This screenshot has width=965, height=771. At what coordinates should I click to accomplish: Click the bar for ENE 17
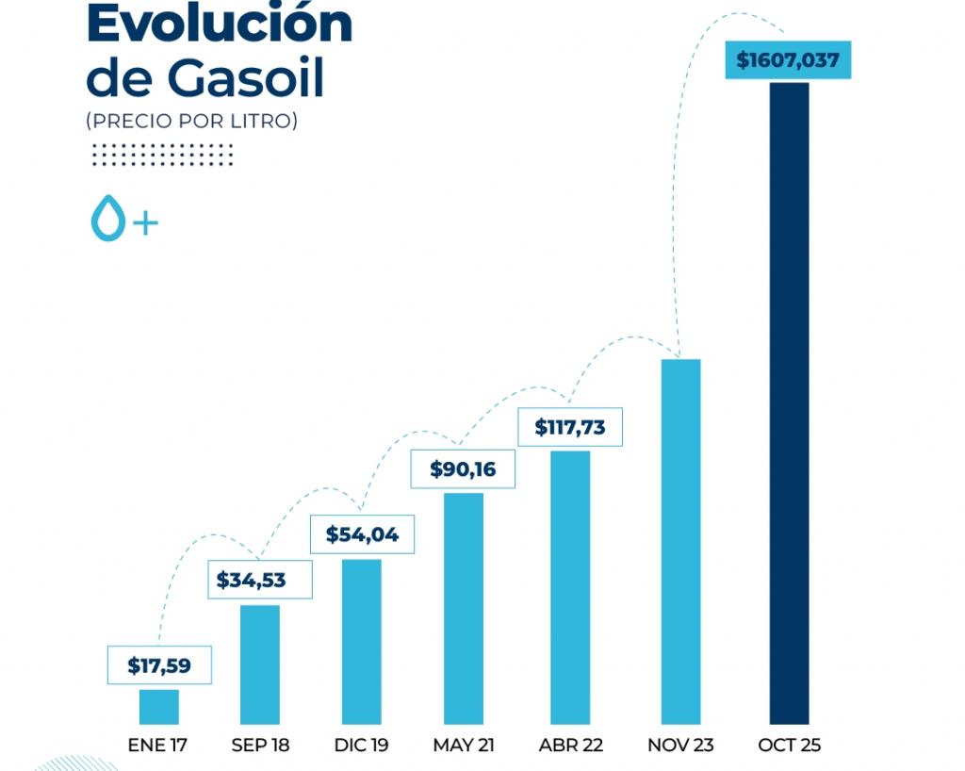click(159, 706)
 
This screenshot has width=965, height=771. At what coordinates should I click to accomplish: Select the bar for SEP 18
click(260, 664)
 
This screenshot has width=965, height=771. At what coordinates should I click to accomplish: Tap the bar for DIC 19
click(362, 641)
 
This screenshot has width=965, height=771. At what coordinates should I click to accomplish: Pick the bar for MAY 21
click(464, 608)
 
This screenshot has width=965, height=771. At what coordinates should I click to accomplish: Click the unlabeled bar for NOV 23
click(680, 541)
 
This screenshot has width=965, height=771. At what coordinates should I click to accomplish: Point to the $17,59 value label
click(159, 665)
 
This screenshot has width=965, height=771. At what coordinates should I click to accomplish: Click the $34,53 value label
click(259, 580)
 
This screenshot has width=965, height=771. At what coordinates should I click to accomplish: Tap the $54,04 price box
click(362, 535)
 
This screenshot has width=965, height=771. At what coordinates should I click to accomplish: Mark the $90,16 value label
click(463, 469)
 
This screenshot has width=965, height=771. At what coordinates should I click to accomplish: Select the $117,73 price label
click(570, 427)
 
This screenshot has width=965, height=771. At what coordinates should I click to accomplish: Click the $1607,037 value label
click(788, 61)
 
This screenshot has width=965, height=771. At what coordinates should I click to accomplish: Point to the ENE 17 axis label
click(158, 746)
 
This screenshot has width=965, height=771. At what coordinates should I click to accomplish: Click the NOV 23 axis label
click(680, 746)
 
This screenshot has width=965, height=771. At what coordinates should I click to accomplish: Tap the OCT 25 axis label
click(789, 746)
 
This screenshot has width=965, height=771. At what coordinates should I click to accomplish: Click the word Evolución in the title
click(219, 25)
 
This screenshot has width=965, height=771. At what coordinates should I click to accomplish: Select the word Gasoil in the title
click(248, 79)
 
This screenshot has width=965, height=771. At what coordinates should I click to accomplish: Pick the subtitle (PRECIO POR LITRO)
click(191, 122)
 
